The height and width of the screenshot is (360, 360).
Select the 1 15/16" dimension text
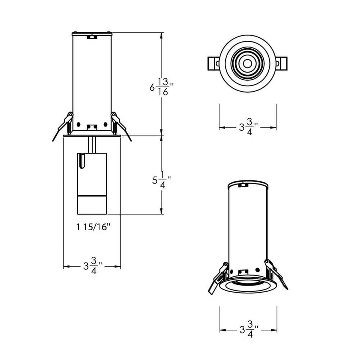pos(94,226)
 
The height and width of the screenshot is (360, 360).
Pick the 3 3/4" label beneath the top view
pos(248,128)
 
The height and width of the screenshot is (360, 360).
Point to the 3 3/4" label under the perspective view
pos(248,329)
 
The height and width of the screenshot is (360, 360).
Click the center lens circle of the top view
pos(248,64)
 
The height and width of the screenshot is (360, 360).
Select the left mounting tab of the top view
pos(213,64)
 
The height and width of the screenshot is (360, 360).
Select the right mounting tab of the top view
pos(283,64)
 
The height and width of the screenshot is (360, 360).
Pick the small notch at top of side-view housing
pos(92,36)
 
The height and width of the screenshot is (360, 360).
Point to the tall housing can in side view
pos(92,80)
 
